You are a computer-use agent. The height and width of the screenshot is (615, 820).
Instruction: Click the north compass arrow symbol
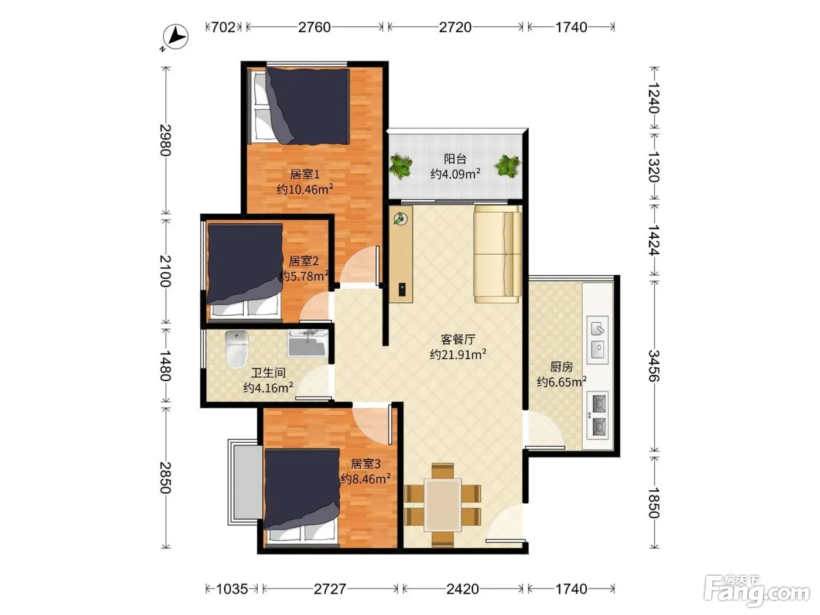pyautogui.click(x=175, y=37)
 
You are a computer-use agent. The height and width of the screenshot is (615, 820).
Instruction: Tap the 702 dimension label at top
pyautogui.click(x=223, y=28)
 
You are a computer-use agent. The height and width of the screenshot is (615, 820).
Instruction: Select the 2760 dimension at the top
pyautogui.click(x=314, y=28)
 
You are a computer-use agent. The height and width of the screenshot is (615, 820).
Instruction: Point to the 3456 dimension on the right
pyautogui.click(x=654, y=366)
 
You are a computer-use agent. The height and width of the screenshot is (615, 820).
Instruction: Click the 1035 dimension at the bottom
pyautogui.click(x=232, y=589)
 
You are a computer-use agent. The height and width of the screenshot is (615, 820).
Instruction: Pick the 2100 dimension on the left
pyautogui.click(x=166, y=271)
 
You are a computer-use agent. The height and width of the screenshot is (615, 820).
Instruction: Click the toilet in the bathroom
pyautogui.click(x=237, y=350)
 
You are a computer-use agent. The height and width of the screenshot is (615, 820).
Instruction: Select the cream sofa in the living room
pyautogui.click(x=498, y=254)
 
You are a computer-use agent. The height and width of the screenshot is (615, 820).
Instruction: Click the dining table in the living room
pyautogui.click(x=442, y=505)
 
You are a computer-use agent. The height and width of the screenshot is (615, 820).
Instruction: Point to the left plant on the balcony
pyautogui.click(x=401, y=166)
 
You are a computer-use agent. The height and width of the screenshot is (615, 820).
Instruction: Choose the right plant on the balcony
pyautogui.click(x=508, y=166)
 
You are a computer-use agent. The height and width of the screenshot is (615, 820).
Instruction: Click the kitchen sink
pyautogui.click(x=597, y=340)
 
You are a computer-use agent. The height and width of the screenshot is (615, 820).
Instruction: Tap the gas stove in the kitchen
pyautogui.click(x=597, y=415)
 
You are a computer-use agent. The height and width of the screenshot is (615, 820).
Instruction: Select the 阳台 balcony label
pyautogui.click(x=455, y=159)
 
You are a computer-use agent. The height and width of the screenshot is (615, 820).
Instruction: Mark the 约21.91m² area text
pyautogui.click(x=458, y=354)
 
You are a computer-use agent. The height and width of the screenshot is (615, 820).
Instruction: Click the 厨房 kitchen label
pyautogui.click(x=561, y=367)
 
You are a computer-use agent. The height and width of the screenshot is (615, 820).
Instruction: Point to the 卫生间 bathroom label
pyautogui.click(x=268, y=373)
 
